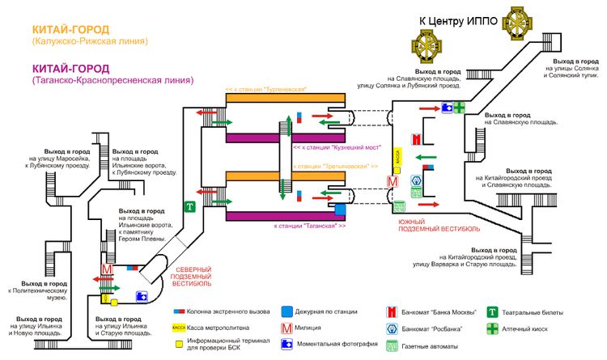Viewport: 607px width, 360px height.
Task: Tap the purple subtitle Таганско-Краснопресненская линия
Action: point(112,81)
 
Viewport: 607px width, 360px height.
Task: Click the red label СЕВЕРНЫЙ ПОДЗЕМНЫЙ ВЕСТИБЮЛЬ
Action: point(193,277)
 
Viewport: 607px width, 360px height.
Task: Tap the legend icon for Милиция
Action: point(287,328)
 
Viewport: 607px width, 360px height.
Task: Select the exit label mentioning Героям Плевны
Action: point(142,226)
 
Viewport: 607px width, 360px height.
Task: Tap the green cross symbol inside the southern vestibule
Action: point(458,108)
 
